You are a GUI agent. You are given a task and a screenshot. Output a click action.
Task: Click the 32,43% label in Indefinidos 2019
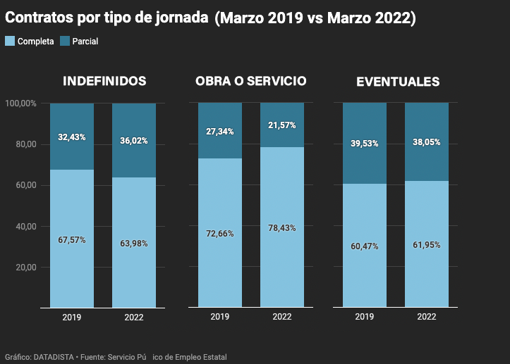point(72,137)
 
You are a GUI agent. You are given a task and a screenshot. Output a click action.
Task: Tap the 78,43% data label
point(281,228)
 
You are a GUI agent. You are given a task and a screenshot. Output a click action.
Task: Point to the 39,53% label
point(364,144)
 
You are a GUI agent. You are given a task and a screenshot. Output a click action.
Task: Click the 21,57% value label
point(281,125)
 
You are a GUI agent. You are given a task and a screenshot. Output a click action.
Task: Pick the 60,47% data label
point(364,246)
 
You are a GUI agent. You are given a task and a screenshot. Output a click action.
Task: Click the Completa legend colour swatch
point(9,41)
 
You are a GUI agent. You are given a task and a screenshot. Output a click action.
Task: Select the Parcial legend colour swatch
point(65,41)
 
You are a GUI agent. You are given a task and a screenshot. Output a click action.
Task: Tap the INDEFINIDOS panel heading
point(104,81)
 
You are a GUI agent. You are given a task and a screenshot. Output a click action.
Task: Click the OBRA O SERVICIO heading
point(250,81)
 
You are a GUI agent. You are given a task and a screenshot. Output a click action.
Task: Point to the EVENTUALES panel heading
point(398,82)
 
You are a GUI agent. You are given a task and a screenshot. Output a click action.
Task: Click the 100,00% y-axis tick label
point(21,103)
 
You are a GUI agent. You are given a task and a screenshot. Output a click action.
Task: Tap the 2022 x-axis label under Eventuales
point(426,317)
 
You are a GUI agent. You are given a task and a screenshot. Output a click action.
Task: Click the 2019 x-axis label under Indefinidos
point(72,317)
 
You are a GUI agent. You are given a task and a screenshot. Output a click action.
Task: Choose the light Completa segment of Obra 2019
point(219,268)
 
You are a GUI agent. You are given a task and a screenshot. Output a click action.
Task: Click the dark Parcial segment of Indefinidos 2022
point(134,162)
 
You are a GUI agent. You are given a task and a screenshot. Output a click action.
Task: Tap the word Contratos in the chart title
point(40,18)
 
